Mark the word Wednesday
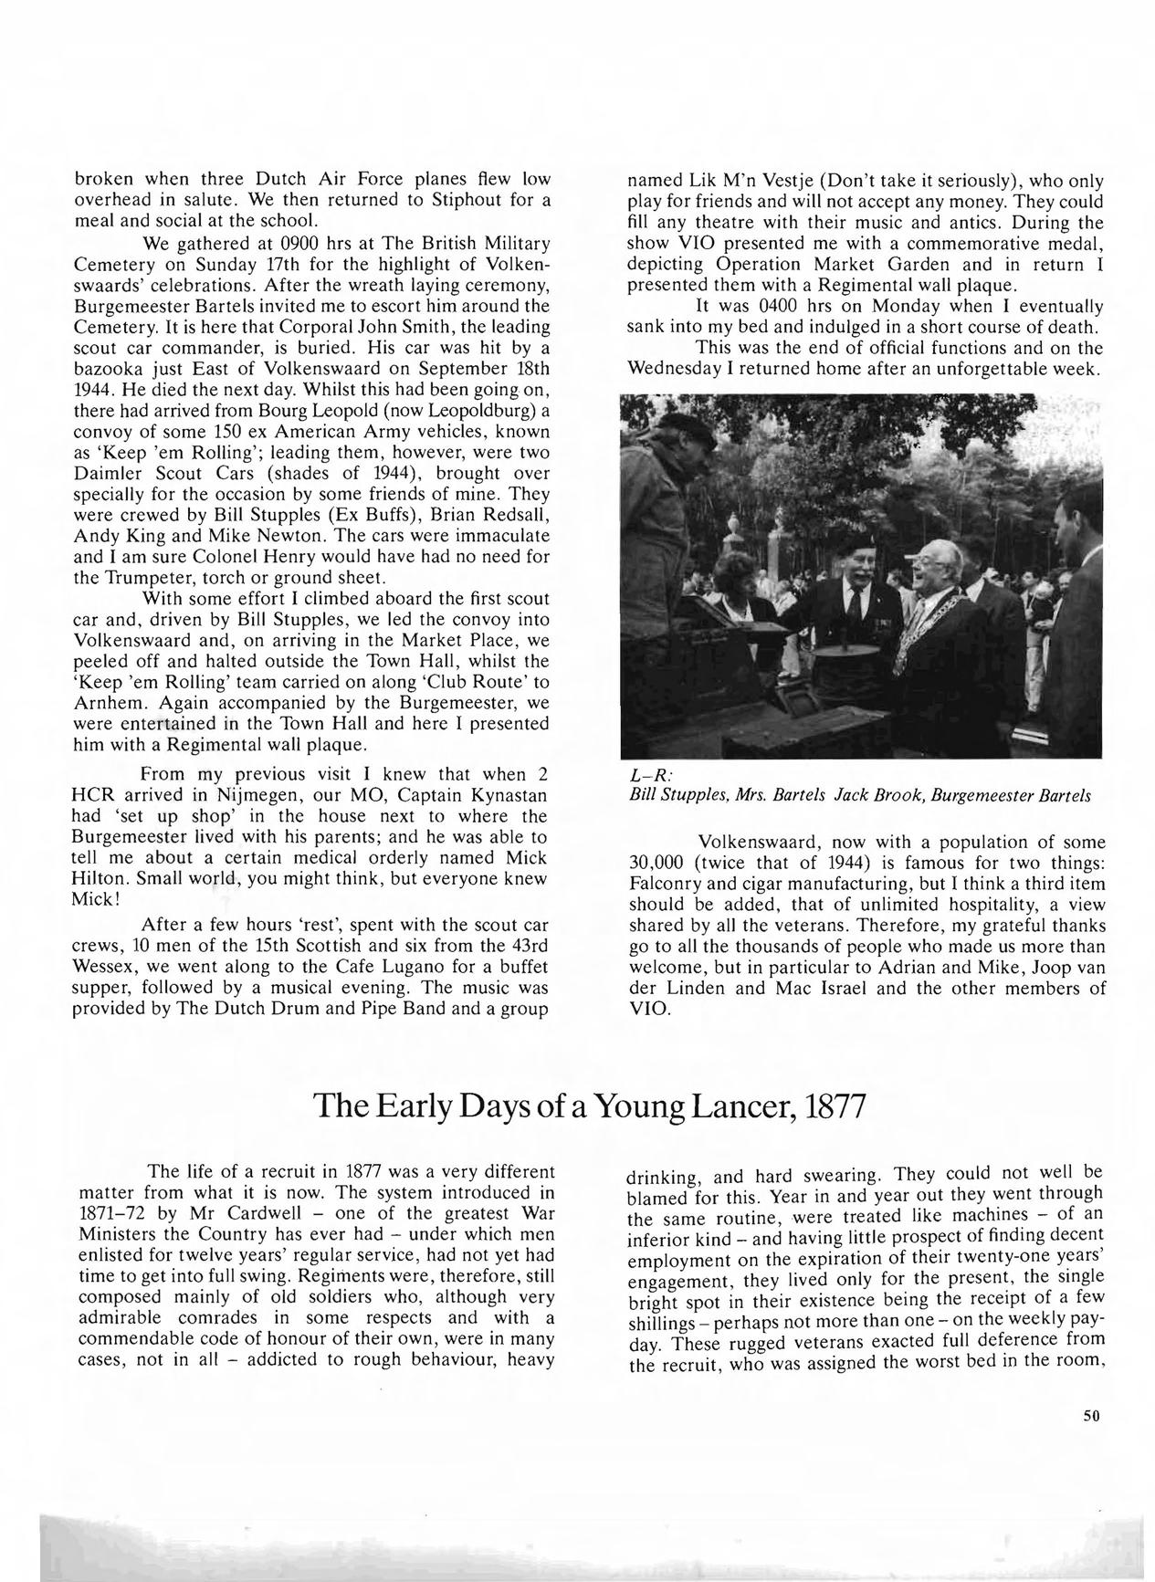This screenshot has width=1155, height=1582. [687, 369]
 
